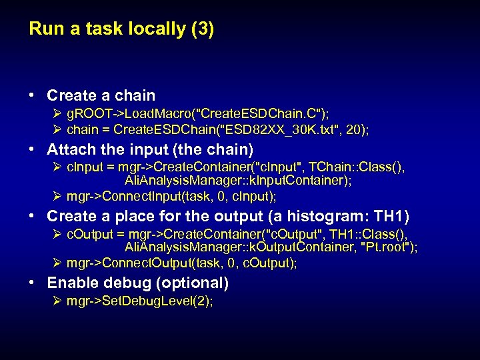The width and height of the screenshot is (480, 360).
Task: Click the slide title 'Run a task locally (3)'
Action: click(x=121, y=29)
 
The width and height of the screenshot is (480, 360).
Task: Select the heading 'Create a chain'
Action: click(x=101, y=95)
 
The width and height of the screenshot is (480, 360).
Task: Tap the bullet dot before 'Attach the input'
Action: click(x=33, y=149)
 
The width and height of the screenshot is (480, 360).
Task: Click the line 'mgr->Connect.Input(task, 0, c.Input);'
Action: click(x=171, y=196)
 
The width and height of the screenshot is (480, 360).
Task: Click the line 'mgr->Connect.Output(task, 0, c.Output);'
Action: click(x=181, y=263)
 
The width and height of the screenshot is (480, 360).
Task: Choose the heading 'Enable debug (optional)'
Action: click(x=137, y=283)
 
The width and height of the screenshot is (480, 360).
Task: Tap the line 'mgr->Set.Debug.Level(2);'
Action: click(x=139, y=301)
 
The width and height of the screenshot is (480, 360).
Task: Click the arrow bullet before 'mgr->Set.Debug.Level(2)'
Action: click(x=58, y=301)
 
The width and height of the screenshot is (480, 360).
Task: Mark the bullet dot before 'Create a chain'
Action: click(x=33, y=95)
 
